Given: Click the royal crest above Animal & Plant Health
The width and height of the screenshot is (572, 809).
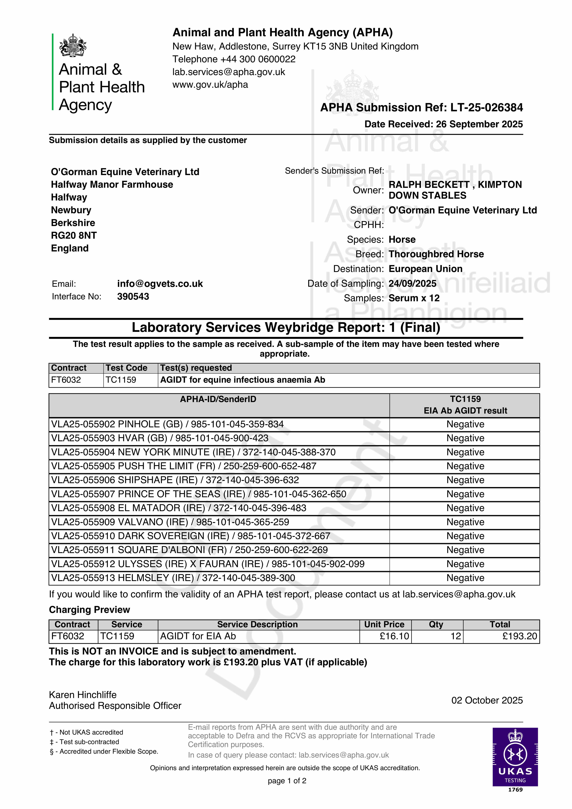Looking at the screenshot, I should click(x=73, y=45).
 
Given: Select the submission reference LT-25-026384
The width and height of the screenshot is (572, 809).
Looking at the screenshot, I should click(x=487, y=107).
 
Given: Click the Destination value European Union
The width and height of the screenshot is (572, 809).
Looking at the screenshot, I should click(x=425, y=269).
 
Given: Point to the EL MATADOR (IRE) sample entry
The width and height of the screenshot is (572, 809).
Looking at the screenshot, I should click(x=178, y=508).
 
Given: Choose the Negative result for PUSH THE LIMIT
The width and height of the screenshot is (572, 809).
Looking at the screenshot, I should click(x=465, y=466).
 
